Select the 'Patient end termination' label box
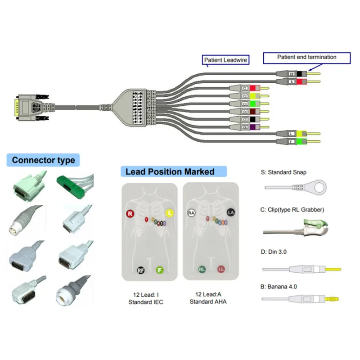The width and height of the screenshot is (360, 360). (x=306, y=57)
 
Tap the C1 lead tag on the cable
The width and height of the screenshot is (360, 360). (x=246, y=88)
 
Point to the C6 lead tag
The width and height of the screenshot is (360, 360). (x=245, y=128)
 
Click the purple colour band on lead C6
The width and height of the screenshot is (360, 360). (x=253, y=128)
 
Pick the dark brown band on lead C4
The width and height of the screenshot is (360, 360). (x=253, y=112)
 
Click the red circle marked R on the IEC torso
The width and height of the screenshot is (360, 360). (x=130, y=214)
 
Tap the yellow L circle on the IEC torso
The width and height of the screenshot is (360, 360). (x=170, y=212)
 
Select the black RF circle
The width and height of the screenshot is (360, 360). (x=141, y=270)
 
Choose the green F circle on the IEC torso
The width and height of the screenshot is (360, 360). (x=159, y=270)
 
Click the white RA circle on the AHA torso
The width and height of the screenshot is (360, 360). (x=191, y=213)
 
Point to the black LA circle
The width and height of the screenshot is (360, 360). (x=231, y=212)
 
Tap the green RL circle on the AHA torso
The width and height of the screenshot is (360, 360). (x=202, y=270)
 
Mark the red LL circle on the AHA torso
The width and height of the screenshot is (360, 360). (x=221, y=270)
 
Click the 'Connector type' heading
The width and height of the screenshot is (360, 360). (x=43, y=160)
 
